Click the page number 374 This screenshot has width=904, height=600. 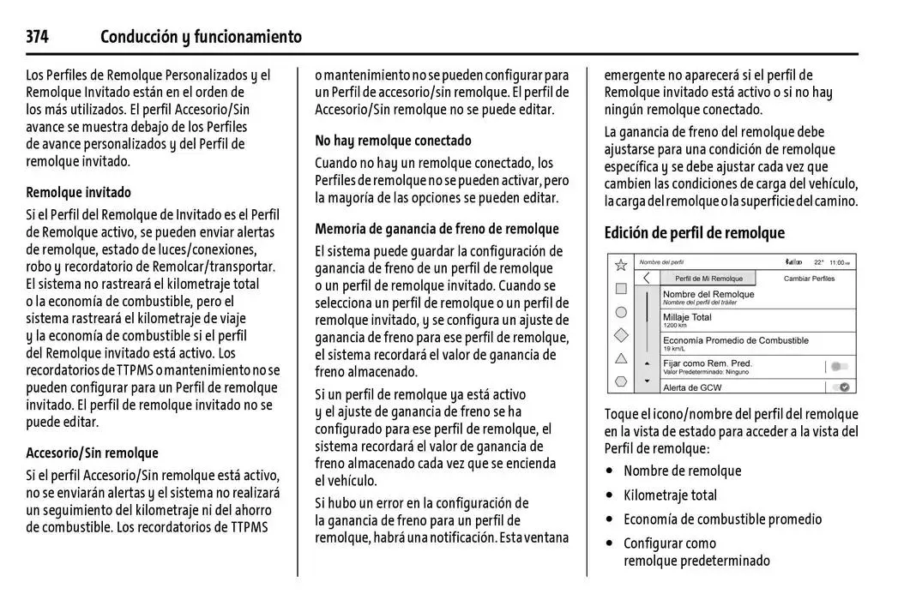[37, 37]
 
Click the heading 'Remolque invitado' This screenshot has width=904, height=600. [79, 192]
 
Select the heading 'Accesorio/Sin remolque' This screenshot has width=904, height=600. [92, 453]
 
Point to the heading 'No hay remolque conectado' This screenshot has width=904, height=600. [393, 141]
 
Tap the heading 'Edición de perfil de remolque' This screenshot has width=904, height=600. [694, 232]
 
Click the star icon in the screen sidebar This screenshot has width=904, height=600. [621, 266]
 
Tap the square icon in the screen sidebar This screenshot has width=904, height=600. [621, 289]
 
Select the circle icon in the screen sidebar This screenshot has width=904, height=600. [621, 312]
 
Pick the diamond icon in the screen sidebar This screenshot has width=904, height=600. [621, 335]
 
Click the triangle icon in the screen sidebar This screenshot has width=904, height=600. [621, 358]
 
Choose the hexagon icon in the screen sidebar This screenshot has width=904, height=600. [621, 381]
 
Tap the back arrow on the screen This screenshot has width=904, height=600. [647, 278]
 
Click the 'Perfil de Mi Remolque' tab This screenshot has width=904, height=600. [708, 279]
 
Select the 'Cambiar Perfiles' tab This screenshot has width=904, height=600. [809, 279]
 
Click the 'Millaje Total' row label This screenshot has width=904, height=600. [687, 317]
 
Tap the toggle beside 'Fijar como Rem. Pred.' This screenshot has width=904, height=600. [840, 367]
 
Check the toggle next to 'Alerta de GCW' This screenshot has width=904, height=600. [844, 387]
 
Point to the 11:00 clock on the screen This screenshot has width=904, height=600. [838, 262]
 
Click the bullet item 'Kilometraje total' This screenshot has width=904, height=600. [670, 495]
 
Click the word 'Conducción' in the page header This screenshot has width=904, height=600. [137, 37]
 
